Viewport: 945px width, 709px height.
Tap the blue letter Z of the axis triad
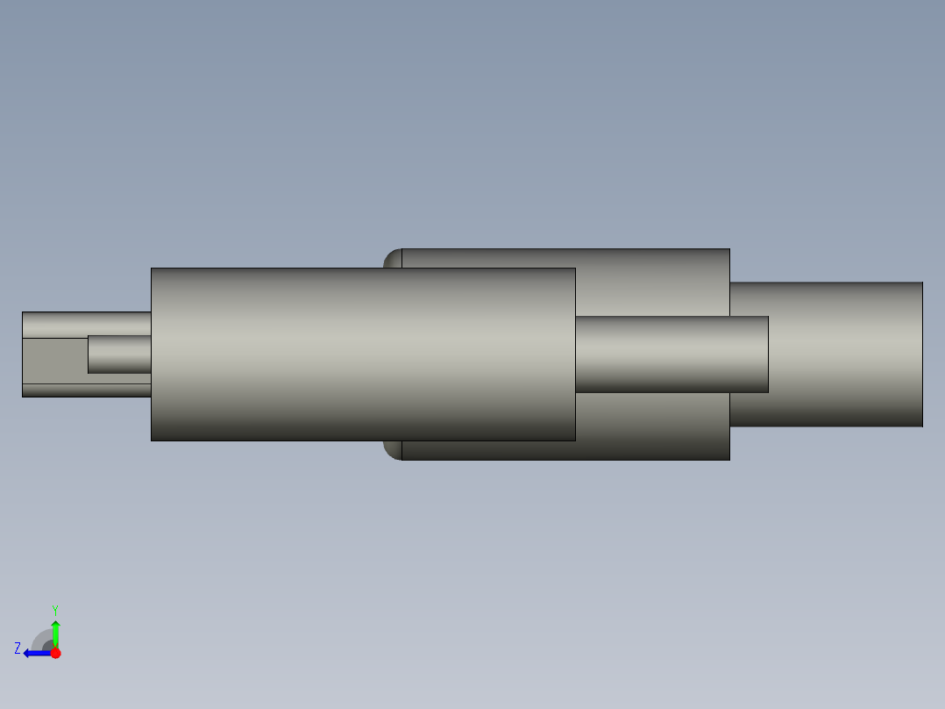pyautogui.click(x=18, y=648)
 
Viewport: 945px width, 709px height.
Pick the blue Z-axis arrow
pyautogui.click(x=35, y=653)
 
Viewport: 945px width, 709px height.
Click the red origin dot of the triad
pyautogui.click(x=56, y=653)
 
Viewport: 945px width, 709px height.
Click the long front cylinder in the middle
pyautogui.click(x=363, y=354)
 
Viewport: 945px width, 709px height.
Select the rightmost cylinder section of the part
pyautogui.click(x=846, y=354)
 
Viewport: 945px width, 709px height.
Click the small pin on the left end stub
pyautogui.click(x=119, y=354)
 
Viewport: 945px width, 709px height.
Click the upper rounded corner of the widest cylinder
pyautogui.click(x=392, y=258)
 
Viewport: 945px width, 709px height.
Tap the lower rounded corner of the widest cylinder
pyautogui.click(x=392, y=450)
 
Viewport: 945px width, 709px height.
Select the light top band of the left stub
pyautogui.click(x=86, y=324)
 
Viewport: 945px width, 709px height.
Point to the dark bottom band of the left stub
pyautogui.click(x=86, y=390)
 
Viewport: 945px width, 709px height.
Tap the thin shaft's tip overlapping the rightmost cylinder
pyautogui.click(x=750, y=354)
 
